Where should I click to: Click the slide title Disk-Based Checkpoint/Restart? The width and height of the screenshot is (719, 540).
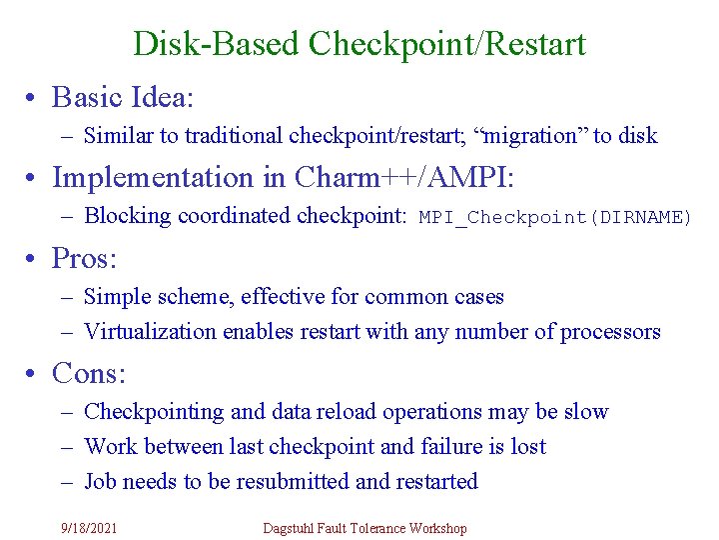coord(359,44)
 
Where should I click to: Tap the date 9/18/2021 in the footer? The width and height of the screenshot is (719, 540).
coord(89,528)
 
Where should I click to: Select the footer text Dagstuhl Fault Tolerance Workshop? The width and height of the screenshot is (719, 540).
coord(364,528)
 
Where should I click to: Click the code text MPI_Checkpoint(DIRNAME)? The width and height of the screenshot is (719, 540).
coord(555,217)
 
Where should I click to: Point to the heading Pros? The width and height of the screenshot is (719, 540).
coord(85,259)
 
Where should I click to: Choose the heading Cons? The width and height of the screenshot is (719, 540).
coord(89,373)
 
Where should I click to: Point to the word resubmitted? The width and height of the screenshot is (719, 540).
coord(292,482)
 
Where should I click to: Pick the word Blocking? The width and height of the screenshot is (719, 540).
coord(122,216)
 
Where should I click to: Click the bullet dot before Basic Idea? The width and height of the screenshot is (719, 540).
coord(34,98)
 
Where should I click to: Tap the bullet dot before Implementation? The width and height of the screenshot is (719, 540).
coord(34,178)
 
